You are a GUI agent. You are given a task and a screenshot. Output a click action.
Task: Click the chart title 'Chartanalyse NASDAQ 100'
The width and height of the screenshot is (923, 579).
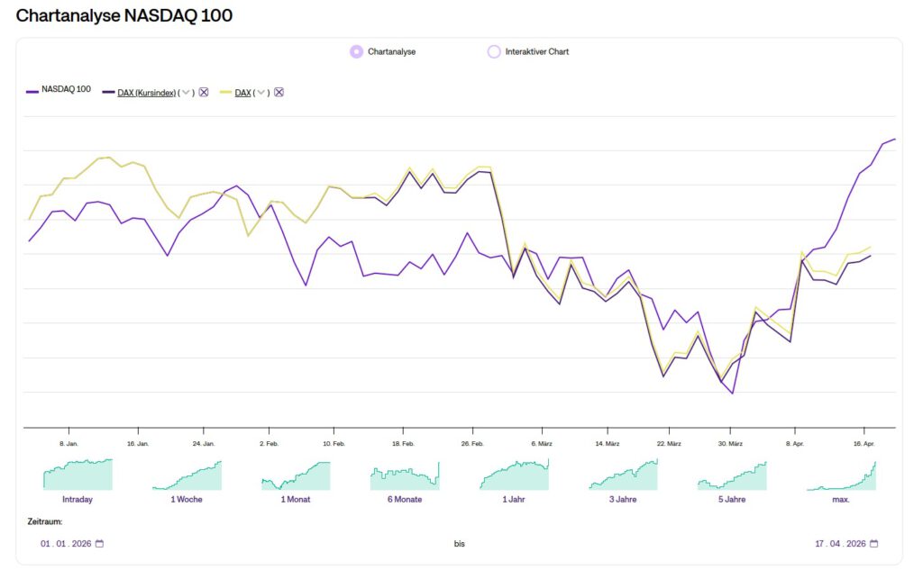point(124,15)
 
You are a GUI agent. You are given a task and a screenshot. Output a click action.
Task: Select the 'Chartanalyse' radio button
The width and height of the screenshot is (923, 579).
point(356,51)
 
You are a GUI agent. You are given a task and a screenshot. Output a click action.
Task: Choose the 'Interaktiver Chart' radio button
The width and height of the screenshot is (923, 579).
point(493,51)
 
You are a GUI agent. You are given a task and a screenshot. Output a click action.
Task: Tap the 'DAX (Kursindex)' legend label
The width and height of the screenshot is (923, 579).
point(146,93)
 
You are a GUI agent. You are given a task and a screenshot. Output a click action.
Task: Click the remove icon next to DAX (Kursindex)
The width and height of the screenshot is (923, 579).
point(204,93)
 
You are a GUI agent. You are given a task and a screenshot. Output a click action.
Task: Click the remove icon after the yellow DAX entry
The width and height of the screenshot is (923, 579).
point(279,93)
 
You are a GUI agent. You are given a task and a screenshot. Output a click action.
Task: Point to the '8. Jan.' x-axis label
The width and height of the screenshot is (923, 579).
point(69,444)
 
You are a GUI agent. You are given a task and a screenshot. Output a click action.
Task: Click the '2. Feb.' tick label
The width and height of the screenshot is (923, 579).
point(269,444)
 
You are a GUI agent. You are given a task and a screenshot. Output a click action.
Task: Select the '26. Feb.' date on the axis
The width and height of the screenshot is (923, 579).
point(472,444)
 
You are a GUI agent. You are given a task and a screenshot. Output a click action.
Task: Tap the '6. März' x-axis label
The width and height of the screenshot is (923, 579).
point(541,444)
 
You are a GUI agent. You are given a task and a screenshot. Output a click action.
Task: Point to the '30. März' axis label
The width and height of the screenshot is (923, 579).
point(730,444)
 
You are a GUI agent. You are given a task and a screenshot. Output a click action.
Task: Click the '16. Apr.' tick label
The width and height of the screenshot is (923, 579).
point(864,444)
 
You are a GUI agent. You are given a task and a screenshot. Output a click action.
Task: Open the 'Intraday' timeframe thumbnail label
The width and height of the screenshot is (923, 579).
point(78,499)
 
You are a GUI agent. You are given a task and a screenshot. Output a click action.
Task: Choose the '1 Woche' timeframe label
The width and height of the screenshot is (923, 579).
point(187,499)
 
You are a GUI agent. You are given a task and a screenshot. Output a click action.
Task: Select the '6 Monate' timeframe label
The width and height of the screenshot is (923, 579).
point(404,499)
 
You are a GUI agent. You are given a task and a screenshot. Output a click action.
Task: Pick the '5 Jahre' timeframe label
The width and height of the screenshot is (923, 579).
point(731,499)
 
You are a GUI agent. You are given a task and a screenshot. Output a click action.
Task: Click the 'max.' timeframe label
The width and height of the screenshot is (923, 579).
point(840,499)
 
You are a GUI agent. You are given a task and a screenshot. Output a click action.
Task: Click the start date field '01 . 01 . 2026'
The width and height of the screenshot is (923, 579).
point(66,544)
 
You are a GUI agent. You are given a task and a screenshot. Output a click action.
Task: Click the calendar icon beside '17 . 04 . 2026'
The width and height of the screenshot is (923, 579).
point(874,544)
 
